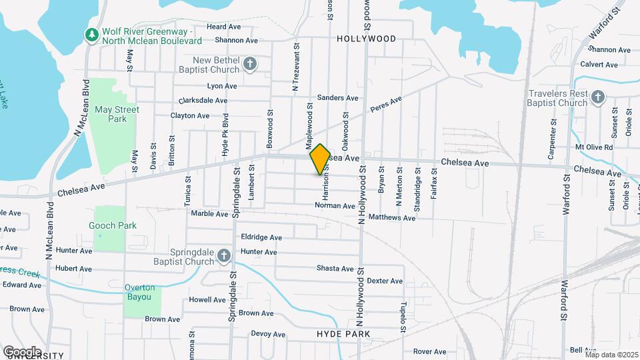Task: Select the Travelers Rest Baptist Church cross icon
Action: click(597, 98)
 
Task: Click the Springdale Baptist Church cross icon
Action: click(224, 256)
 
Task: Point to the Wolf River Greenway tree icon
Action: click(91, 33)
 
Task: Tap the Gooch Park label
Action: click(113, 225)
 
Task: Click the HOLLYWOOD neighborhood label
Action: click(366, 39)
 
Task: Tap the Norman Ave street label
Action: click(335, 206)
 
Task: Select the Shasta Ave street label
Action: click(335, 269)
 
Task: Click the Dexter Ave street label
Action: click(386, 281)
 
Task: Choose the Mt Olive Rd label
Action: click(594, 147)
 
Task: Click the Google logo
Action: click(22, 351)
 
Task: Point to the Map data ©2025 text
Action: click(611, 355)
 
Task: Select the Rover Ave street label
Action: click(429, 351)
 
